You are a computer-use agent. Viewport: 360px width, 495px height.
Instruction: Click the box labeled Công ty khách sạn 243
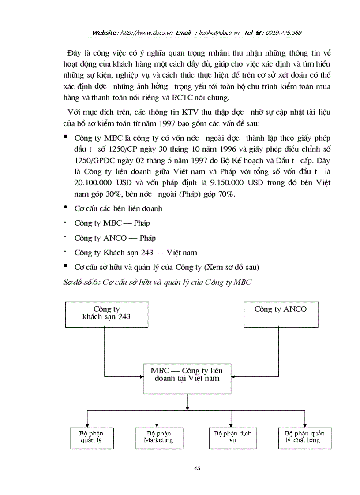click(x=106, y=314)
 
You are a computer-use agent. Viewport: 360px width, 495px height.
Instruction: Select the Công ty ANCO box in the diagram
click(x=281, y=314)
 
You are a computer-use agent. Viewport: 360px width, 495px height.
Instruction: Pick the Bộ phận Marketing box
click(x=158, y=437)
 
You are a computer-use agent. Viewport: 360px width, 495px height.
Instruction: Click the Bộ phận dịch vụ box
click(x=232, y=437)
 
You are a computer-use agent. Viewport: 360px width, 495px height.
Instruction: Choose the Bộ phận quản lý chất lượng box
click(x=304, y=437)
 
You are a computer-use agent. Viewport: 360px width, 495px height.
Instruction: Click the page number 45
click(x=197, y=469)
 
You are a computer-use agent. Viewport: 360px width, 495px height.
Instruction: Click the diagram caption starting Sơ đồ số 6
click(x=157, y=283)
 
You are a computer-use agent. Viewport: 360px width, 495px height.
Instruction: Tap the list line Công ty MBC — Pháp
click(x=112, y=223)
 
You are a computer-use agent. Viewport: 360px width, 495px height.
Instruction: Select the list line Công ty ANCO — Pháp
click(x=115, y=238)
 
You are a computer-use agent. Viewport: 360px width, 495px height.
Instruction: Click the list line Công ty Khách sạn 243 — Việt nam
click(x=135, y=253)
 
